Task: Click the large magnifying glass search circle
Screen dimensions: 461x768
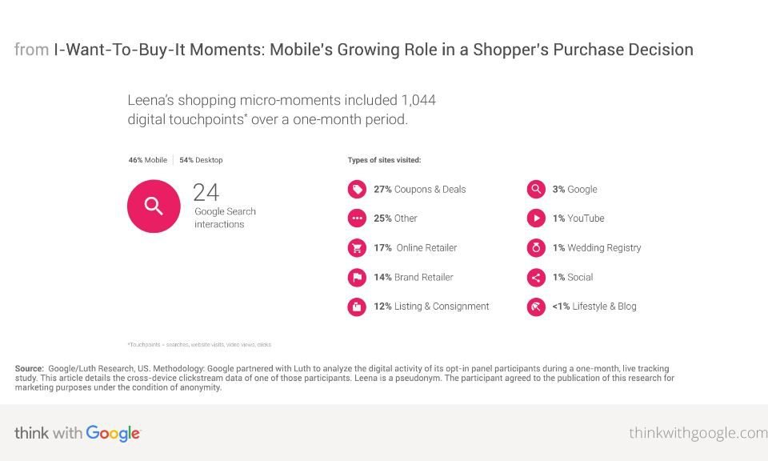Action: pos(153,206)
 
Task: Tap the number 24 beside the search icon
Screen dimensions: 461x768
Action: pos(206,192)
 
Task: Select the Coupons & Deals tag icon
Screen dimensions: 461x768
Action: pos(357,190)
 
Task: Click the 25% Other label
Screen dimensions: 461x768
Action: pos(395,218)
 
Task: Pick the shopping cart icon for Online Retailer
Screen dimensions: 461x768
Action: pos(357,248)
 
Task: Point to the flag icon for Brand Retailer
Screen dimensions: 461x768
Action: pos(357,278)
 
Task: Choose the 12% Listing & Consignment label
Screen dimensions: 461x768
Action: pos(431,307)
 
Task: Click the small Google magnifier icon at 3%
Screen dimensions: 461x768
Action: pos(535,190)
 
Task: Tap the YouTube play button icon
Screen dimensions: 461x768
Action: pos(535,218)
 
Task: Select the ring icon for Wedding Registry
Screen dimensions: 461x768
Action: pos(535,248)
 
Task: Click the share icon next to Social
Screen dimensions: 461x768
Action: pos(535,278)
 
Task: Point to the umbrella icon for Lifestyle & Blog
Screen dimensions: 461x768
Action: pos(535,307)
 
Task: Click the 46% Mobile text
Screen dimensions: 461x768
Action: pos(147,160)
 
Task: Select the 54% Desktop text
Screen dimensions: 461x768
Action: pos(201,160)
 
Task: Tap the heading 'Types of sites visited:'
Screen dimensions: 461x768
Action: pos(384,160)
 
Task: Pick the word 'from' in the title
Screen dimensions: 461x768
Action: pos(31,50)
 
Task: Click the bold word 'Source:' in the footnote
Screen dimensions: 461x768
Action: pos(29,368)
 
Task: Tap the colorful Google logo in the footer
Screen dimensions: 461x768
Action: pos(113,433)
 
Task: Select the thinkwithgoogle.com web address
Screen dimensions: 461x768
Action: pos(698,433)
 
